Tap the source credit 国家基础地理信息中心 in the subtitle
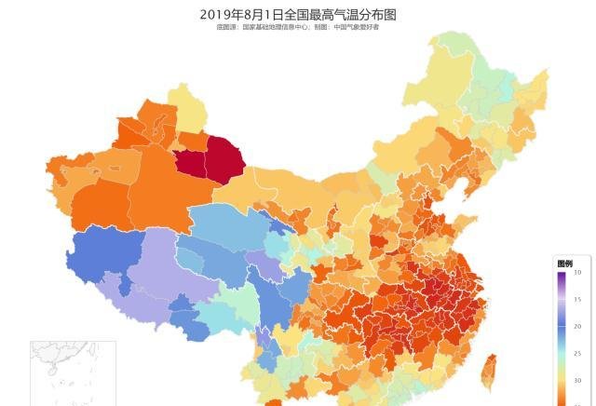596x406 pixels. (x=276, y=27)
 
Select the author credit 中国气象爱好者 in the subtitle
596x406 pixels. (x=358, y=27)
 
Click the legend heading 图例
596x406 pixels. (x=564, y=264)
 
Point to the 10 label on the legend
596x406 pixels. (x=577, y=273)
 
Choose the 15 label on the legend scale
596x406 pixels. (x=577, y=300)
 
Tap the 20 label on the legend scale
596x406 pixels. (x=577, y=327)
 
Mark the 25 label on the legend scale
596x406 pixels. (x=577, y=354)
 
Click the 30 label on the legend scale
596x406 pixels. (x=577, y=381)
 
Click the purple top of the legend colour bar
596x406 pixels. (x=562, y=276)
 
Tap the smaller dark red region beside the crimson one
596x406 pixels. (x=190, y=163)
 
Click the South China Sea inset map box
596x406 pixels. (x=73, y=372)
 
